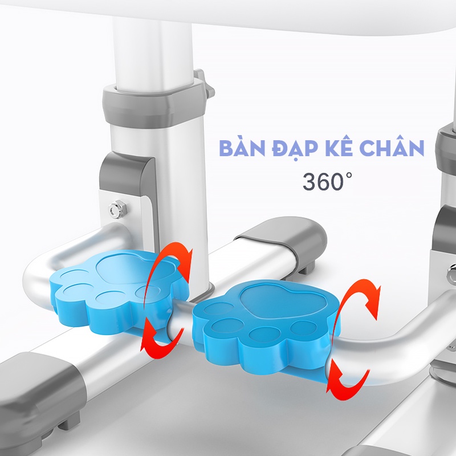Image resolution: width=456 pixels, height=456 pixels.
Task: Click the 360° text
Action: coord(327,181)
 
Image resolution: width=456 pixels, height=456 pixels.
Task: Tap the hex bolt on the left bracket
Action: coord(117,208)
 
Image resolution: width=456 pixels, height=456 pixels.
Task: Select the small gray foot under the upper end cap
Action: coord(306,267)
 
